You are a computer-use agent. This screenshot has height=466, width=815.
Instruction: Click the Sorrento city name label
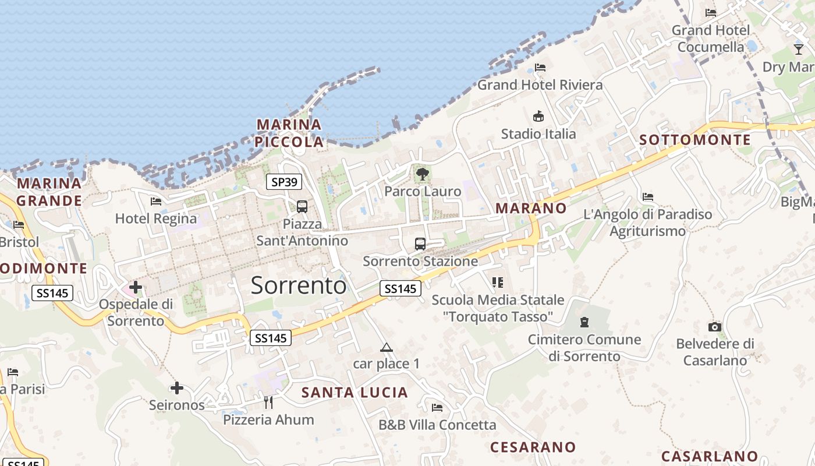299,285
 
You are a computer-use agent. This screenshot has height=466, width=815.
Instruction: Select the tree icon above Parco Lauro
422,174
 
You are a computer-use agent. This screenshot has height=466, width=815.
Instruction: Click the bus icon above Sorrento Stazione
420,244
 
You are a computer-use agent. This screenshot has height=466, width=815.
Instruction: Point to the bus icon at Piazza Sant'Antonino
302,206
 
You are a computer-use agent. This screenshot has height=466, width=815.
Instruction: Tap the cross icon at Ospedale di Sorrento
136,287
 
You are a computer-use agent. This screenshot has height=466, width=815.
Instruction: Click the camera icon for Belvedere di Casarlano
715,327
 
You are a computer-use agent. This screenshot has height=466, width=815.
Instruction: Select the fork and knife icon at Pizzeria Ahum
268,402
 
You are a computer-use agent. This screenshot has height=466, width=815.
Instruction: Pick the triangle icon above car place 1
386,348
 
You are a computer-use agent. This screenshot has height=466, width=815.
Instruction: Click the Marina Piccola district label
289,133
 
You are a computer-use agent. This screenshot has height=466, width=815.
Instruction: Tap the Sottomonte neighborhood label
695,140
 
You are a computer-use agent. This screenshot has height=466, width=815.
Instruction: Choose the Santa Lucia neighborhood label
355,393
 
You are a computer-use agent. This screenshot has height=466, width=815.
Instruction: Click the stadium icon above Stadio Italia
538,116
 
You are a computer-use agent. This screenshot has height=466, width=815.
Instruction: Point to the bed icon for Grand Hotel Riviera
540,68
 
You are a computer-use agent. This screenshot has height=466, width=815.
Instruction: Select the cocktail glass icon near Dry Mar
799,49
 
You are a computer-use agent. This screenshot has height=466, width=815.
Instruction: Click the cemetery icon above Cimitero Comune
584,322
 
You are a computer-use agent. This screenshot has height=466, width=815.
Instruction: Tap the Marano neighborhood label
530,208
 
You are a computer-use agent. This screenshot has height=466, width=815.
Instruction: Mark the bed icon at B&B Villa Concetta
437,408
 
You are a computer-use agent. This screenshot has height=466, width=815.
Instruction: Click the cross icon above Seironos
177,388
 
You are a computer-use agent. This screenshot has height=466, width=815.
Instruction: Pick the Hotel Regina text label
156,218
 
